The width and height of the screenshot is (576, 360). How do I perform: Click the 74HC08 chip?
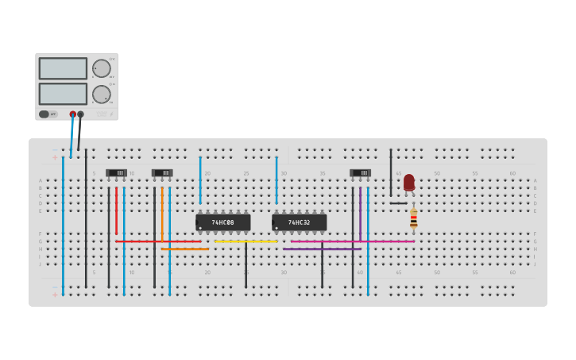coord(223,223)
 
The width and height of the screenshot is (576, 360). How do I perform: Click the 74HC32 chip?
coord(300,223)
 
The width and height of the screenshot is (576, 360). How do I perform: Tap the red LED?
coord(409,182)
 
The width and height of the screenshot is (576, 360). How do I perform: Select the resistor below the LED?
coord(413,219)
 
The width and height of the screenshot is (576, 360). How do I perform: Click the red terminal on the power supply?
coord(72,114)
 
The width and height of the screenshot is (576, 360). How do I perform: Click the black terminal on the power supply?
coord(80,114)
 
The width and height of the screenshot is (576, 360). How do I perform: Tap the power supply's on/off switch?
coord(48,114)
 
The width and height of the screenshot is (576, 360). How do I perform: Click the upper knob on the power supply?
coord(101,68)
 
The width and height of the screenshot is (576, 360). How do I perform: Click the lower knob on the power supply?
coord(101,95)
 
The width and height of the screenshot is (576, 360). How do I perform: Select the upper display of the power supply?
coord(63,68)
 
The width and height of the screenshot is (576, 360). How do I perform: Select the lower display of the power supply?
coord(63,94)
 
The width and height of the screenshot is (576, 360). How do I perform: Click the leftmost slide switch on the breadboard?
coord(116,172)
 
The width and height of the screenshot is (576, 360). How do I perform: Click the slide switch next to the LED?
coord(360,172)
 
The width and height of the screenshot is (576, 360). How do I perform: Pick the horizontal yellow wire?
coord(246,241)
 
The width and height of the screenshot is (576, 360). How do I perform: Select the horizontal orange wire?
coord(185,249)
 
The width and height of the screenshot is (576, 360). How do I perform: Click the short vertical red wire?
coord(116,211)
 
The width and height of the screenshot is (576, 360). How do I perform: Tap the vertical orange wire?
coord(162,213)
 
